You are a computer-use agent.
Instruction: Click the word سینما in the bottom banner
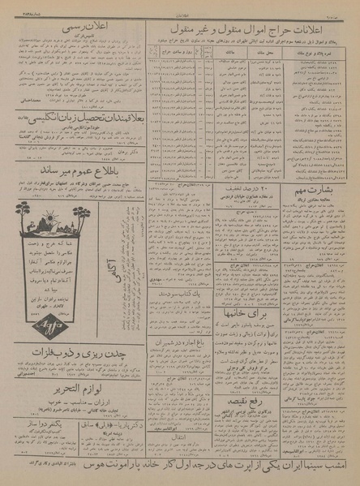[318, 469]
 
